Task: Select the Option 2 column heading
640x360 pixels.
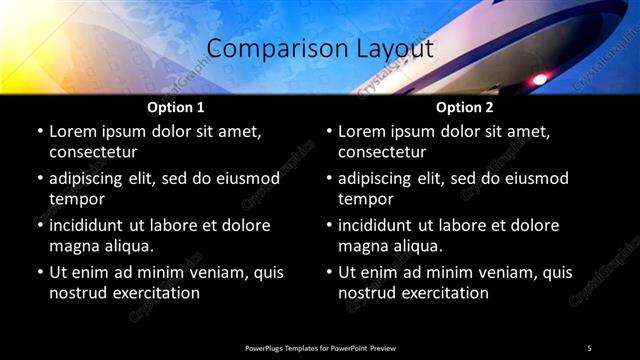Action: [x=464, y=107]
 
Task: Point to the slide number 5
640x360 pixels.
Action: [x=589, y=348]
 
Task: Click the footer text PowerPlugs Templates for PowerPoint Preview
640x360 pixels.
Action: [x=320, y=348]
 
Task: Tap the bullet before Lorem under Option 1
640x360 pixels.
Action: [x=40, y=132]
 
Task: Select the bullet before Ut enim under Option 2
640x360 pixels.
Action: [x=329, y=273]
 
